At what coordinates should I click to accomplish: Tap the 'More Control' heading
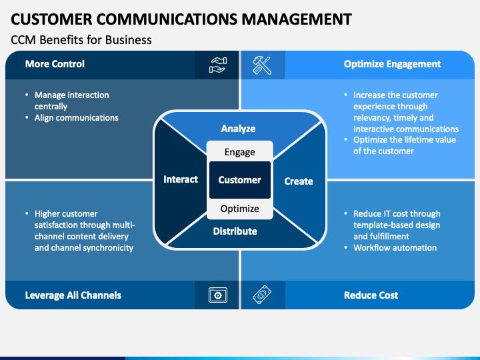coord(55,65)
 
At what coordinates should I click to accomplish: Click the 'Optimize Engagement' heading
coord(392,65)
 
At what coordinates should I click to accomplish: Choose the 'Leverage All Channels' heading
coord(73,295)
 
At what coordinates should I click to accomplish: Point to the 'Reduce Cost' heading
coord(371,295)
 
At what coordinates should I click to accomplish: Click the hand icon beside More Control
coord(218,65)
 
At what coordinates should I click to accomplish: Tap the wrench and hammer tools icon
coord(261,65)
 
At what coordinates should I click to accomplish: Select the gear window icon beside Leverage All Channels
coord(218,295)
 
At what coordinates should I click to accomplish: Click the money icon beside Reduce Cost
coord(261,295)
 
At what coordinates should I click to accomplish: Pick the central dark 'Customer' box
coord(240,180)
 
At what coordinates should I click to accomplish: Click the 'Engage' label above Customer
coord(240,152)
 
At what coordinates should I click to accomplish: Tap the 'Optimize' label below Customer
coord(240,209)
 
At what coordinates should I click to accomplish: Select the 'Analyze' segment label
coord(239,129)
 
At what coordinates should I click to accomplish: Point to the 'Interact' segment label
coord(181,179)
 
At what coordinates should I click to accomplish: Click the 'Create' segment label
coord(299,181)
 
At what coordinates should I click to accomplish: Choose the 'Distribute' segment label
coord(235,231)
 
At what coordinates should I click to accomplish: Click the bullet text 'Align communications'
coord(77,118)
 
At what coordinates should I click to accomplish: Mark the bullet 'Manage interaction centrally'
coord(71,101)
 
